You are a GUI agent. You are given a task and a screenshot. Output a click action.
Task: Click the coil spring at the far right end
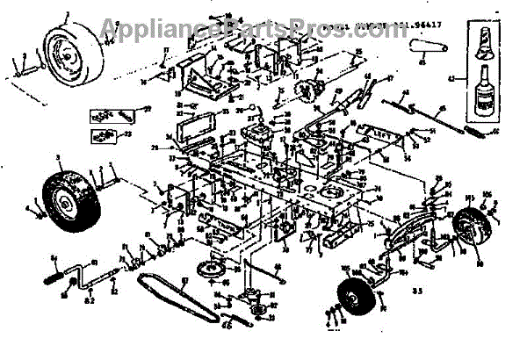[x=478, y=133]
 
